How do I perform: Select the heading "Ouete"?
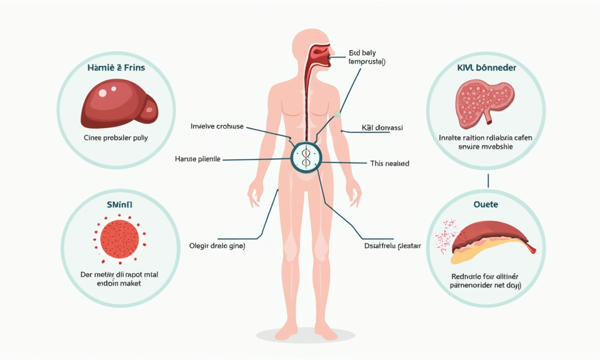point(486,204)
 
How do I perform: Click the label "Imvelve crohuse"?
point(217,126)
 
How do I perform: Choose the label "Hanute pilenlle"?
point(198,159)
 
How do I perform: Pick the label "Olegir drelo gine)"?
point(217,246)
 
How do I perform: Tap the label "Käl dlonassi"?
point(382,127)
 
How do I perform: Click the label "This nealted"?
point(389,163)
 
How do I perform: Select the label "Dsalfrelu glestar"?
point(392,246)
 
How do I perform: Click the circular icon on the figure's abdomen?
point(306,156)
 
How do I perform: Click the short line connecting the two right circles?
point(487,181)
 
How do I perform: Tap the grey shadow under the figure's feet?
point(306,337)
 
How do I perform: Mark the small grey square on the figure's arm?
point(337,114)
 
